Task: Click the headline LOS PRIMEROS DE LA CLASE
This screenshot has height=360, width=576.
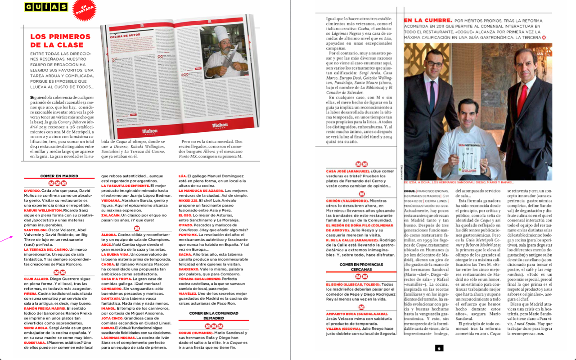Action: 57,40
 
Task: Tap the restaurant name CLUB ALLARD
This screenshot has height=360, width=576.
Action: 36,279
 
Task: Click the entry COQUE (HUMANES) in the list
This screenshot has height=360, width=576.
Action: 196,333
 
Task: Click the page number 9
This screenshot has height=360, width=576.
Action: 439,348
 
